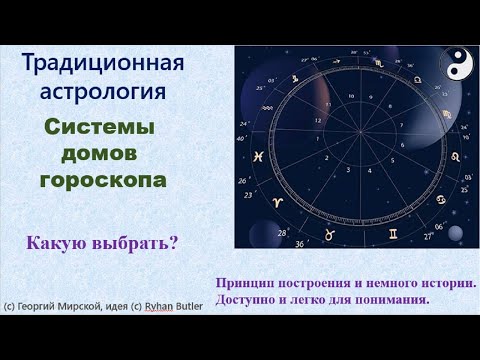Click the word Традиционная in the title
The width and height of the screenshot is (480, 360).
[103, 64]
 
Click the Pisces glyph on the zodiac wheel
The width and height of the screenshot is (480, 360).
[257, 156]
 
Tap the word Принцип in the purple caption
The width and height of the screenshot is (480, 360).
[245, 283]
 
